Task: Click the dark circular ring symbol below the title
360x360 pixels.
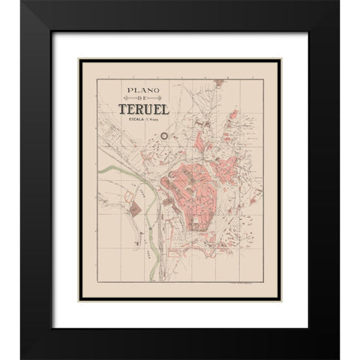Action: point(165,136)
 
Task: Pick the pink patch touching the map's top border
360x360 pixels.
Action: point(233,115)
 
